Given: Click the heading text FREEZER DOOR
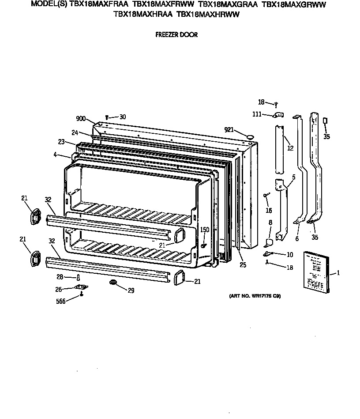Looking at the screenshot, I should coord(176,35).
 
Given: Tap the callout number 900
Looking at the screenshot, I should coord(80,118).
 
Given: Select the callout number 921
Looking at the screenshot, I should coord(229,129).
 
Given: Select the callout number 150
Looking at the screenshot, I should coord(205,230).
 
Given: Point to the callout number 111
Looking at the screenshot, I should coord(257,114).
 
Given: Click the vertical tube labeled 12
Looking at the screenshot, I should coord(278,150).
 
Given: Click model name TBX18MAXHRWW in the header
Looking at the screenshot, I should coord(207,14).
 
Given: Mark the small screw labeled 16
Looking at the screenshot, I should coord(266,194).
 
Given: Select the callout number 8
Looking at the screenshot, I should coord(270,223).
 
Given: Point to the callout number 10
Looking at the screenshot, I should coord(289,254).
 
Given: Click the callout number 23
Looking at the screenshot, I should coord(61,142).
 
